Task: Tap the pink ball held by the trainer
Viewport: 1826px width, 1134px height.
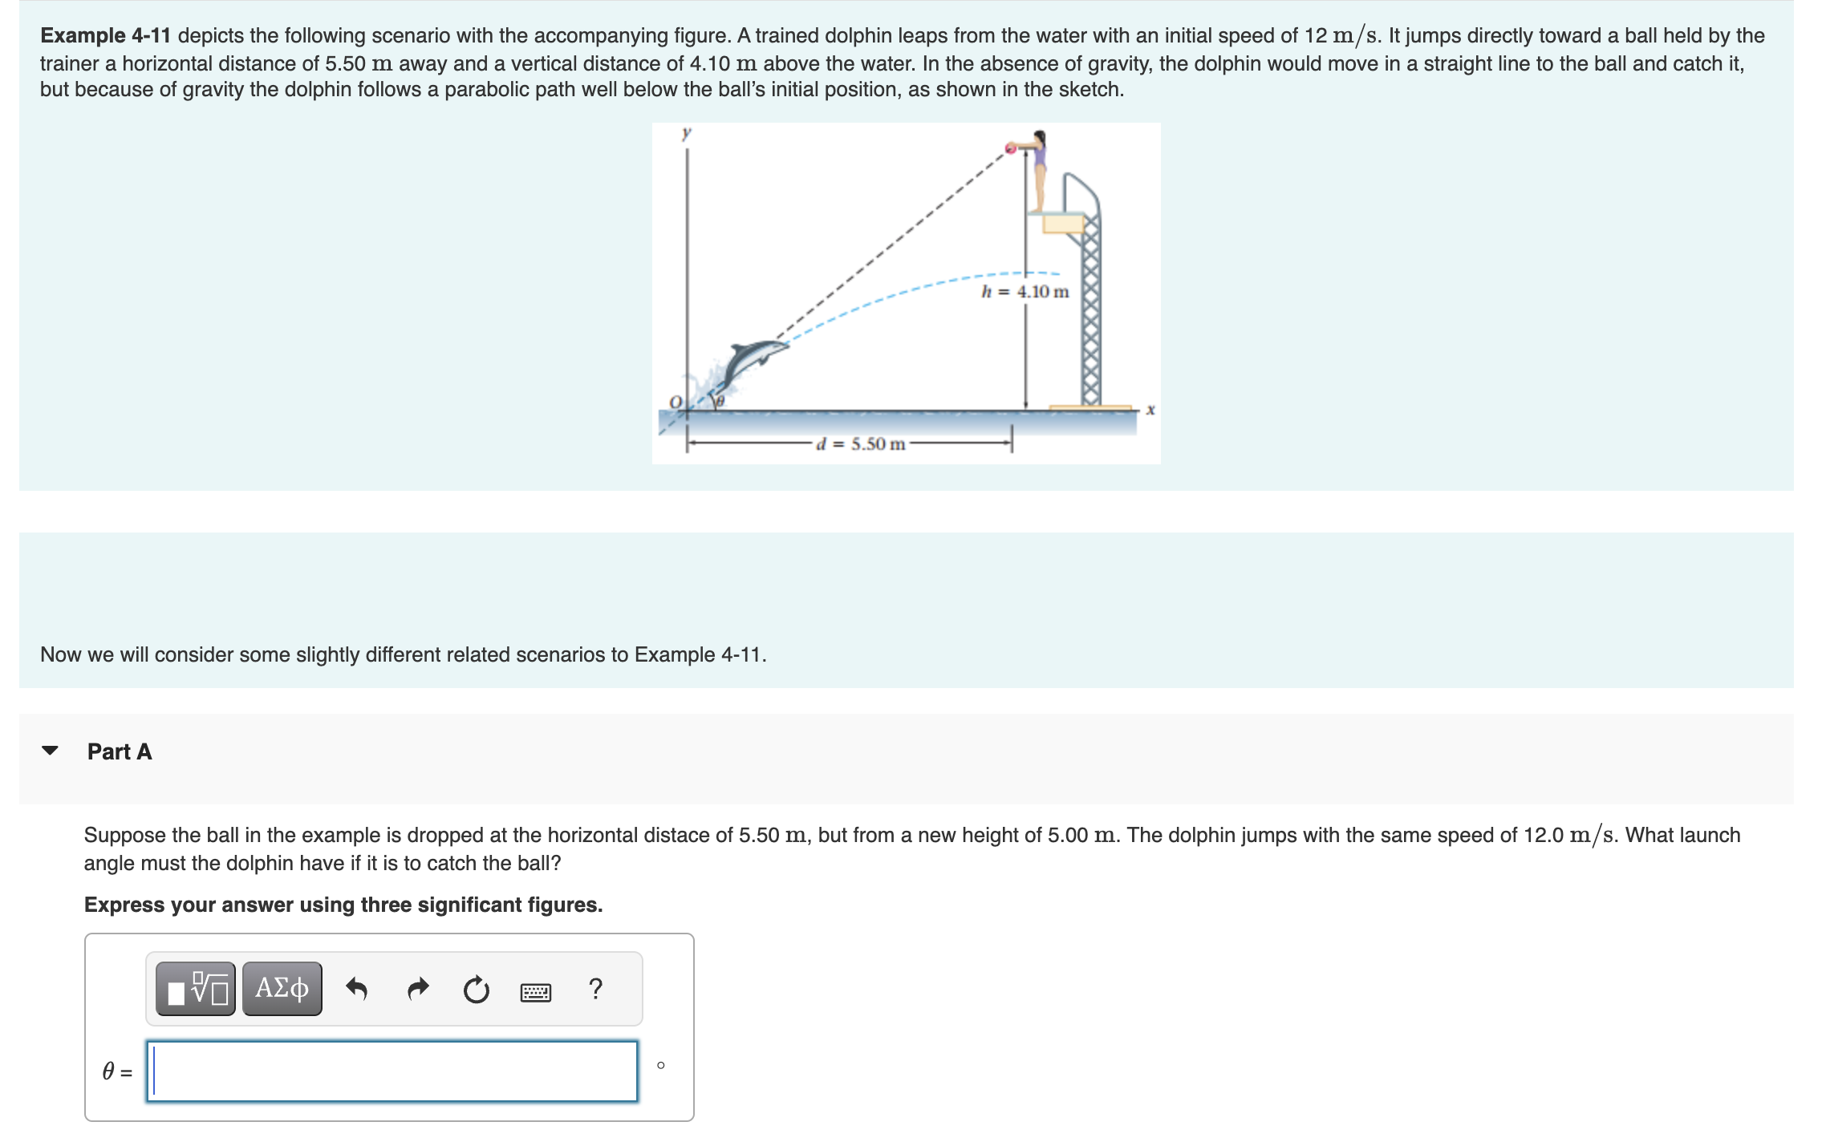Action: [1011, 148]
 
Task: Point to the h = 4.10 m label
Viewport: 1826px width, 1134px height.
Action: [1025, 292]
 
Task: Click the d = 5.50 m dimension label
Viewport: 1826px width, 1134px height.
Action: [860, 444]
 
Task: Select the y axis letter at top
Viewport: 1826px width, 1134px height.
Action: [686, 133]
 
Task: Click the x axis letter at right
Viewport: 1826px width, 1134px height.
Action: [1150, 410]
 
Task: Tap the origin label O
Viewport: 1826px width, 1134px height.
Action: [675, 401]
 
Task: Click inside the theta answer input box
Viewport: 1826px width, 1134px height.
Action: [392, 1071]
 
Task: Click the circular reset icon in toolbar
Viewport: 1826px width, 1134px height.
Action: [476, 990]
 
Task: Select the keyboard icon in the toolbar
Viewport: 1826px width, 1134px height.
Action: [535, 992]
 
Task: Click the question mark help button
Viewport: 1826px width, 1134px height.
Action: [595, 989]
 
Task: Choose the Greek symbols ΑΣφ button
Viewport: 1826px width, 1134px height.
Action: [282, 989]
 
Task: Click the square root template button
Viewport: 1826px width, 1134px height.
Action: [196, 989]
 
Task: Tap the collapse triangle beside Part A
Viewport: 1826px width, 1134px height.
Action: [50, 751]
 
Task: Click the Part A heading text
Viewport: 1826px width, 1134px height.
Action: [120, 751]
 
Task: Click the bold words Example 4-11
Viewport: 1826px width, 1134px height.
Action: [105, 36]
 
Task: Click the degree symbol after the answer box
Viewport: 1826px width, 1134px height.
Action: [660, 1065]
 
